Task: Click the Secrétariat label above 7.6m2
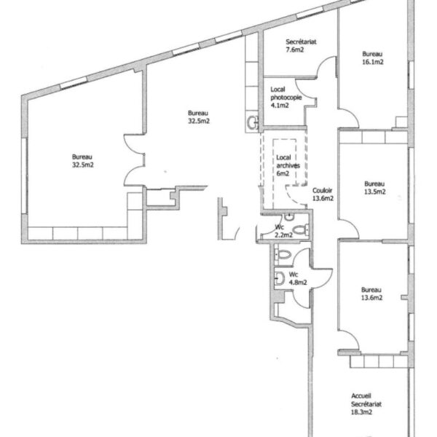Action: [301, 42]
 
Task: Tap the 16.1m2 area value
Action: [373, 62]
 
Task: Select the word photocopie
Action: [286, 98]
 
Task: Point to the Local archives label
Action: [288, 162]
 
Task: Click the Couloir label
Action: [322, 190]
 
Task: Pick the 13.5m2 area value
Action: [375, 192]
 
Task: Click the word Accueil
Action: [361, 395]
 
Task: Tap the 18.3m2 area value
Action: [361, 412]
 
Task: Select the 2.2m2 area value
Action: [284, 235]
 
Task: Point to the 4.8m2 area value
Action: [298, 283]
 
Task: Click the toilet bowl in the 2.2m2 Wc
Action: [301, 230]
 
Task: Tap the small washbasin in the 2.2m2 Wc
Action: [289, 216]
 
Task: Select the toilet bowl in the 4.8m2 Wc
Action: [283, 255]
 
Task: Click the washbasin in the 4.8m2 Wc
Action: [279, 278]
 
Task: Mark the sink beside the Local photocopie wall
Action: [253, 122]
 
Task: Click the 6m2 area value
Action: [283, 173]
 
